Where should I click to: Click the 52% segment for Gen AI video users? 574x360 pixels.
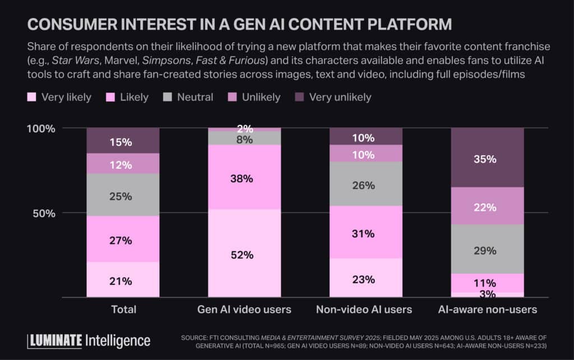[x=244, y=254]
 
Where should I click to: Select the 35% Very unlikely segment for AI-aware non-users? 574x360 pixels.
[x=487, y=158]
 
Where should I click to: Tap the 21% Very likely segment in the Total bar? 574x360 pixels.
[x=122, y=280]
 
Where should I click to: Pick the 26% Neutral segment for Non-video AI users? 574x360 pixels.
[x=365, y=184]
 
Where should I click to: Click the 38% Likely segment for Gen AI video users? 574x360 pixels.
[x=244, y=178]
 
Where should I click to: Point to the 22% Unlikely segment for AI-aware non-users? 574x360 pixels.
[x=487, y=206]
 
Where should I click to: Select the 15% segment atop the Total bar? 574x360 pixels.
[x=122, y=141]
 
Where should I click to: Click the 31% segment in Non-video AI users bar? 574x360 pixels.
[x=365, y=233]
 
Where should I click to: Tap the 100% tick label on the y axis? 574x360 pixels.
[x=41, y=128]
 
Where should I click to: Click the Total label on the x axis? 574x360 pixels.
[x=123, y=310]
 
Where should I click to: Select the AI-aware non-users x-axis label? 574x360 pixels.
[x=487, y=310]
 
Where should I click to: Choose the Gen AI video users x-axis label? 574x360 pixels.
[x=244, y=310]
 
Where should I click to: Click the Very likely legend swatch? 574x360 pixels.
[x=31, y=97]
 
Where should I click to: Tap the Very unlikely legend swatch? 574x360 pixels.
[x=299, y=97]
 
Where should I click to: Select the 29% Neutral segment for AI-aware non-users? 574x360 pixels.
[x=487, y=250]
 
